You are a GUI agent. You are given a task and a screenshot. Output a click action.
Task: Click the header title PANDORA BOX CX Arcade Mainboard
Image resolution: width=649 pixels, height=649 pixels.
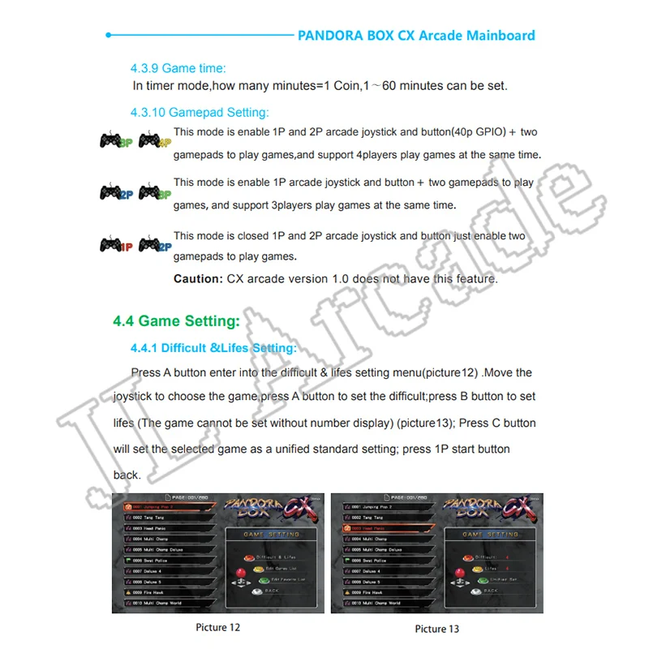416,36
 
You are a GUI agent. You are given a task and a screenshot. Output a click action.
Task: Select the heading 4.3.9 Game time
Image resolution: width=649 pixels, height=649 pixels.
178,69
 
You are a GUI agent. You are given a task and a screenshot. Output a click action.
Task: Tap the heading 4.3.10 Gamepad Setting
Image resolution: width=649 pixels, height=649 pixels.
199,113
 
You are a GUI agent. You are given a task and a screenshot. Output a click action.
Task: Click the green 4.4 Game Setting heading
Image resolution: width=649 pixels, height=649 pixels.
176,321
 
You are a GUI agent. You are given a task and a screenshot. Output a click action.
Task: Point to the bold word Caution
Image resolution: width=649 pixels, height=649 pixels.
197,279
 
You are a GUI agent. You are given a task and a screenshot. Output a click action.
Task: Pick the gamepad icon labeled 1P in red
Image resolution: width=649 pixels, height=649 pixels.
113,243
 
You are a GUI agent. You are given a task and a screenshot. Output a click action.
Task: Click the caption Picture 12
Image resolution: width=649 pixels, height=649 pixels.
217,627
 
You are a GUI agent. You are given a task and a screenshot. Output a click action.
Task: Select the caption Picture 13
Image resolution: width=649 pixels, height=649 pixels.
436,628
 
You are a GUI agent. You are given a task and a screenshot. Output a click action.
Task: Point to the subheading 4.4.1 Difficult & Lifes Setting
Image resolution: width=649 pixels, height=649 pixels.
213,348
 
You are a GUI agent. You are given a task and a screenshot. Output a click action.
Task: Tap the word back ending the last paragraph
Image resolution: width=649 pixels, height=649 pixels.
127,475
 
